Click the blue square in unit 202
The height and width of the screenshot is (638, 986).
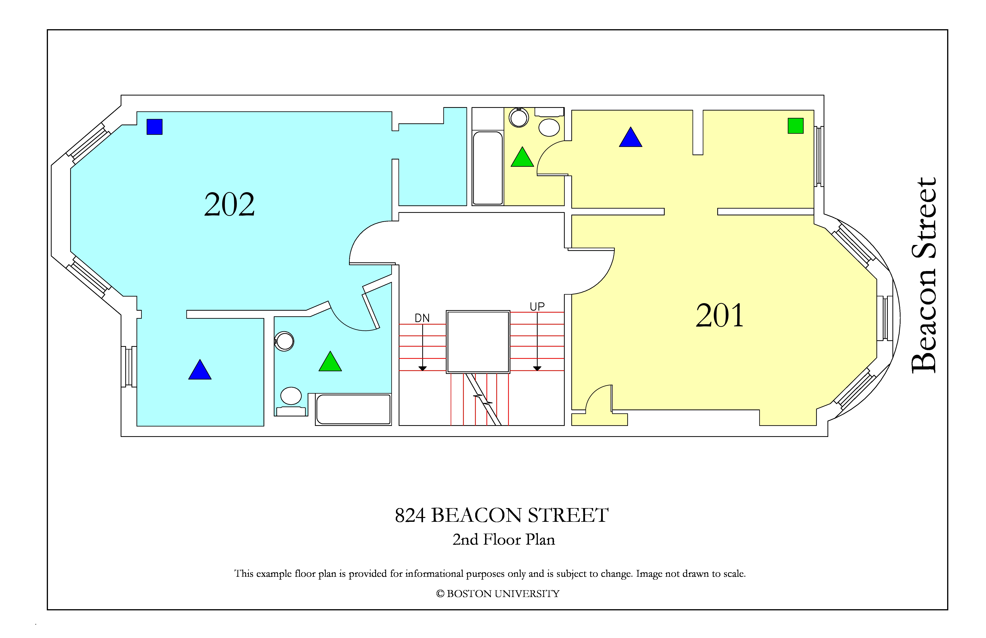154,127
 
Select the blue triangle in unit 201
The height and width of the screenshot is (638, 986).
630,137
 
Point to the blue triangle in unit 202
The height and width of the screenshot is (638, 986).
200,369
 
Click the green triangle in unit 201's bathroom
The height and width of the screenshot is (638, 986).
522,157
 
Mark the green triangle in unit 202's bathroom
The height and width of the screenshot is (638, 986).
330,361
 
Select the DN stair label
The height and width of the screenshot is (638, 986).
422,318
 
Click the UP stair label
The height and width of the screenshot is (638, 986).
537,307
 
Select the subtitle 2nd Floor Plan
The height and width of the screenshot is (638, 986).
504,539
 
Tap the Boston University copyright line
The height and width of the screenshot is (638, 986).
498,594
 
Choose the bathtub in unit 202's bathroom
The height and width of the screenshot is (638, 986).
353,409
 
